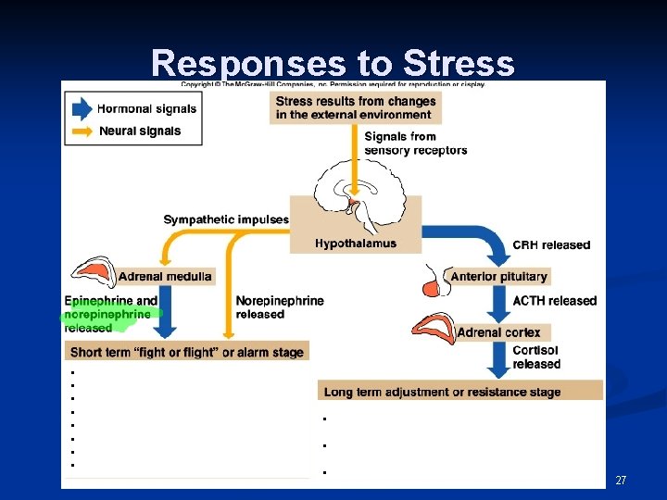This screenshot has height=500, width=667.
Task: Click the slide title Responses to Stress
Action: (x=333, y=62)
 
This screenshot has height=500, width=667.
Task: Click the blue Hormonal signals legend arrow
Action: (x=82, y=108)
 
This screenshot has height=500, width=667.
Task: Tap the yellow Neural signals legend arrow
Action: (x=82, y=131)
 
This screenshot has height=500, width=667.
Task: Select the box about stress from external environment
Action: (x=356, y=107)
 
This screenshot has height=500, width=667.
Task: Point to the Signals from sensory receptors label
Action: (x=415, y=144)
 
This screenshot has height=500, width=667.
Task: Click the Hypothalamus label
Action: (x=356, y=244)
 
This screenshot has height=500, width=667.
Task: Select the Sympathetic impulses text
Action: (x=226, y=219)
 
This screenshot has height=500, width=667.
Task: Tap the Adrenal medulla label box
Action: (x=165, y=276)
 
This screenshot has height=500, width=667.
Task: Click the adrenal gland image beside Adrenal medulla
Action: (x=93, y=270)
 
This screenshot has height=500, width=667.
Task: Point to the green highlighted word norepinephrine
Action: (x=107, y=315)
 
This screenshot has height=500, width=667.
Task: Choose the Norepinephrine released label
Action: (x=280, y=307)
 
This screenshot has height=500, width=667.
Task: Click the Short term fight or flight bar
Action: (x=187, y=352)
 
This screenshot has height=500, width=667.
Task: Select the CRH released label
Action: (x=551, y=245)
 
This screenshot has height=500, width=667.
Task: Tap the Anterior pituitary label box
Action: (x=498, y=276)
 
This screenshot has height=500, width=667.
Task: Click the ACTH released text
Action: (x=554, y=301)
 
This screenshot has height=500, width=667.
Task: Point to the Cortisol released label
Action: (x=536, y=357)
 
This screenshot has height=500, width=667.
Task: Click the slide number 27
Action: (x=621, y=480)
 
